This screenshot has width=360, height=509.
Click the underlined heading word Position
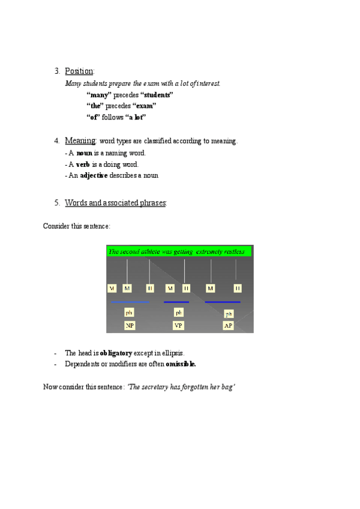tap(79, 72)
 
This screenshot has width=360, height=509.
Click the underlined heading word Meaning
tap(80, 141)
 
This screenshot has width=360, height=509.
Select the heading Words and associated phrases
tap(115, 203)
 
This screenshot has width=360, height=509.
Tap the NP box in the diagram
tap(129, 325)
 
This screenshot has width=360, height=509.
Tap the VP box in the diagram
tap(179, 325)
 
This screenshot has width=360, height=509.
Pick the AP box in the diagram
tap(228, 325)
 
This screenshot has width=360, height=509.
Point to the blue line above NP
tap(130, 302)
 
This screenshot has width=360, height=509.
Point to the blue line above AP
tap(223, 302)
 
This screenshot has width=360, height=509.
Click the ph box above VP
tap(179, 313)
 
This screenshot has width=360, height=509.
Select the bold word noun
tap(84, 153)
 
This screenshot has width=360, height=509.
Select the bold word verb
tap(83, 164)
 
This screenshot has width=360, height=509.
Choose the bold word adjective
tap(94, 176)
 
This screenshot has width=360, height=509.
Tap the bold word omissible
tap(181, 364)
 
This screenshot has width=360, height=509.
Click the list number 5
tap(56, 203)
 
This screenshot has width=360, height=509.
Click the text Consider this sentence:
tap(76, 226)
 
